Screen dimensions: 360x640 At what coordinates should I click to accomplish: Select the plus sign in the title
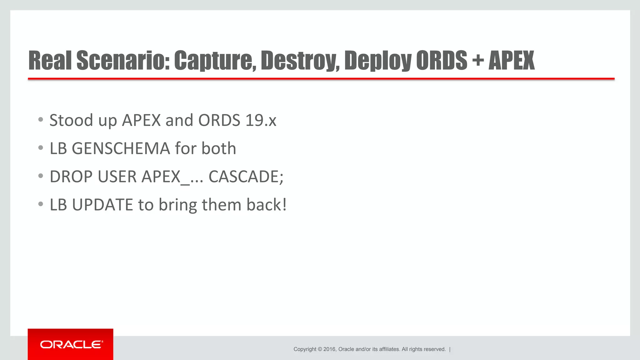[x=478, y=60]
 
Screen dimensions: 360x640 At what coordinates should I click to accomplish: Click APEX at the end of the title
[x=512, y=60]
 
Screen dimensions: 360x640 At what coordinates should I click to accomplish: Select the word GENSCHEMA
[x=121, y=148]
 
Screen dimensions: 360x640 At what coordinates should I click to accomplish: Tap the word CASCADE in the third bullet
[x=244, y=177]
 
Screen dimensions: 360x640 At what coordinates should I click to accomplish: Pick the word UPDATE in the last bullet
[x=102, y=205]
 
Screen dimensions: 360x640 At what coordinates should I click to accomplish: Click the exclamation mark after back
[x=284, y=205]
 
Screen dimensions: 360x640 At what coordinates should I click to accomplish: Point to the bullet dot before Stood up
[x=41, y=120]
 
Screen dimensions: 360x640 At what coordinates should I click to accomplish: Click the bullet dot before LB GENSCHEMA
[x=41, y=148]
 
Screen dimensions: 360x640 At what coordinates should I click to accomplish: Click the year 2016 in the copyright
[x=329, y=349]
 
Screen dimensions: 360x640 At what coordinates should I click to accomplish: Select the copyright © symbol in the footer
[x=320, y=349]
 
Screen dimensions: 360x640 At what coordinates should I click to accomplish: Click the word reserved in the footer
[x=435, y=349]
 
